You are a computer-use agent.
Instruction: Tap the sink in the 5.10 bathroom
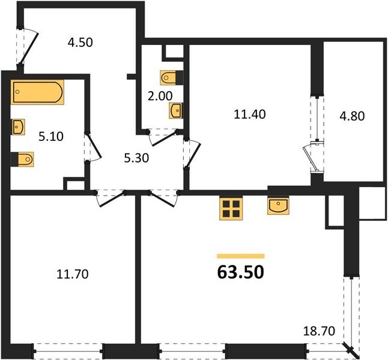[x=18, y=127]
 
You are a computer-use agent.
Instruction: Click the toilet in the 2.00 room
[x=168, y=78]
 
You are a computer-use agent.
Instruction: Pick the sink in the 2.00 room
[x=175, y=111]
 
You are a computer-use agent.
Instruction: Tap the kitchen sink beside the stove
[x=279, y=206]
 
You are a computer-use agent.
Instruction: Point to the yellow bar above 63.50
[x=240, y=256]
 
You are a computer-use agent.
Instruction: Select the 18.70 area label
[x=318, y=330]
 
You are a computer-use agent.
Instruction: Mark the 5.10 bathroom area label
[x=50, y=136]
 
